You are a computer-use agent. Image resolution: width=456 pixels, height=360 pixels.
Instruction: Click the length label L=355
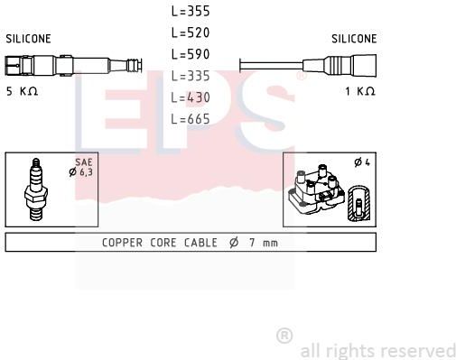(191, 11)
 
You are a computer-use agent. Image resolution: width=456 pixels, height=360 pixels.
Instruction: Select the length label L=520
(191, 32)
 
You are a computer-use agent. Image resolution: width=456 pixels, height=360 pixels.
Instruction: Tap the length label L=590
(191, 54)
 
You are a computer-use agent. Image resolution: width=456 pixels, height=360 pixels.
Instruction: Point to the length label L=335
(191, 76)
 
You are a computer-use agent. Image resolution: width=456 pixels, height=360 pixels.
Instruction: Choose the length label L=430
(191, 97)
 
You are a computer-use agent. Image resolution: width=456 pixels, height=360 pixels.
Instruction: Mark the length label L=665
(191, 119)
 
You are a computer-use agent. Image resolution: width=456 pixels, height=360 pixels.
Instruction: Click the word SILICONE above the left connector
(28, 39)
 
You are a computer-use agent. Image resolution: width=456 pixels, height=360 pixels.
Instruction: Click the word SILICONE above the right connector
(354, 39)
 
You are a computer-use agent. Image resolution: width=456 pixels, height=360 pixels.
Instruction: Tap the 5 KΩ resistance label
(22, 91)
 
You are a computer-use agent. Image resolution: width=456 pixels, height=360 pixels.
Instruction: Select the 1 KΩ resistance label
(360, 91)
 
